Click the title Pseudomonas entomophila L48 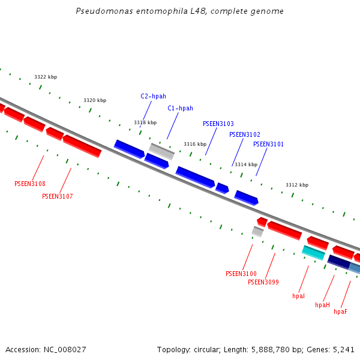(x=180, y=11)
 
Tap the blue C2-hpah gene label (x=153, y=96)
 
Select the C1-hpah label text (x=180, y=108)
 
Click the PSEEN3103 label (x=218, y=124)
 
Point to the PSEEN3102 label (x=245, y=134)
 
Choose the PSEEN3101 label (x=268, y=144)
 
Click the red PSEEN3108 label (x=30, y=184)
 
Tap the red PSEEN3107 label (x=58, y=196)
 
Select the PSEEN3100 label (x=241, y=274)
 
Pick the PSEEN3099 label (x=263, y=282)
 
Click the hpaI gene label (x=298, y=296)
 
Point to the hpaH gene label (x=322, y=305)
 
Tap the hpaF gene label (x=340, y=311)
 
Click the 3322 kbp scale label (x=46, y=77)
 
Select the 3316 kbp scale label (x=195, y=144)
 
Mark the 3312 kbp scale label (x=297, y=185)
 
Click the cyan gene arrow (x=313, y=252)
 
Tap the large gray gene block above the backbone (x=161, y=151)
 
